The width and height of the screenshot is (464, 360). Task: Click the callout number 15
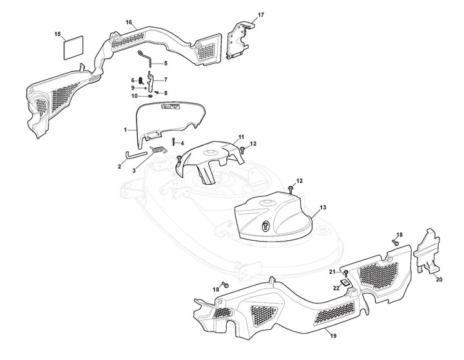click(x=57, y=33)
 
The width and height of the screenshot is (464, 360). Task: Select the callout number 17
click(x=261, y=14)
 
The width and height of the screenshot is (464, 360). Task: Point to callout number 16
click(x=129, y=23)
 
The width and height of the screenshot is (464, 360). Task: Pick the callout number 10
click(x=134, y=96)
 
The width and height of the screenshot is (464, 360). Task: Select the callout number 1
click(x=125, y=130)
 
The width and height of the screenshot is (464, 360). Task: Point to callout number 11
click(x=241, y=137)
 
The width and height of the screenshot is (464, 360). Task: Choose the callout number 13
click(x=323, y=207)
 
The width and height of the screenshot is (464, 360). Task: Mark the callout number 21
click(x=332, y=272)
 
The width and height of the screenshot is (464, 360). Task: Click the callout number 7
click(x=166, y=80)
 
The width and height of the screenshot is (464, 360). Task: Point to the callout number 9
click(x=133, y=88)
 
